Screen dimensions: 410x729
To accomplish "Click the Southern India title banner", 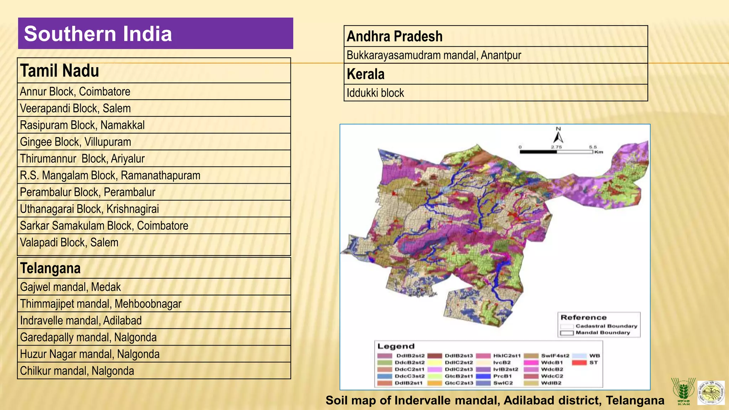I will [x=155, y=33].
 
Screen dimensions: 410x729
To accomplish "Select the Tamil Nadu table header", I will [x=154, y=70].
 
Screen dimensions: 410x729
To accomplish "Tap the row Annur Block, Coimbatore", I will [x=154, y=91].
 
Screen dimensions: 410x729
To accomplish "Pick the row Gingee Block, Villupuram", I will [x=154, y=142].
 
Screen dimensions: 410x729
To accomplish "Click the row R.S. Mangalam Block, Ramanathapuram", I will [x=154, y=175].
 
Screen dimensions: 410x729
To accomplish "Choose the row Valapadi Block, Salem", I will [x=154, y=243].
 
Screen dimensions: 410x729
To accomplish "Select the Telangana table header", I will [x=154, y=268].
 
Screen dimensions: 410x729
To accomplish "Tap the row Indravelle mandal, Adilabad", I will [x=154, y=320].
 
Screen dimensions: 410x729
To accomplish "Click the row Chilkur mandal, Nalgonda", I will [x=154, y=371].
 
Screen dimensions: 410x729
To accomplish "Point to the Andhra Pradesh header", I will [x=495, y=36].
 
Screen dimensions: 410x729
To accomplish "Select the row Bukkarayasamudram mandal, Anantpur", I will [x=495, y=55].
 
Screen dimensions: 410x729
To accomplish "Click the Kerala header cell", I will [x=495, y=74].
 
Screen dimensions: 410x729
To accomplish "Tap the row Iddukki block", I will [x=495, y=93].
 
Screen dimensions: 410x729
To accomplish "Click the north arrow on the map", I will [x=558, y=137].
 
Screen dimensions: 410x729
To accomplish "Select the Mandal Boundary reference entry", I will [x=598, y=333].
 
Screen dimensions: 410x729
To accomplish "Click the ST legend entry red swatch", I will [x=579, y=363].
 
